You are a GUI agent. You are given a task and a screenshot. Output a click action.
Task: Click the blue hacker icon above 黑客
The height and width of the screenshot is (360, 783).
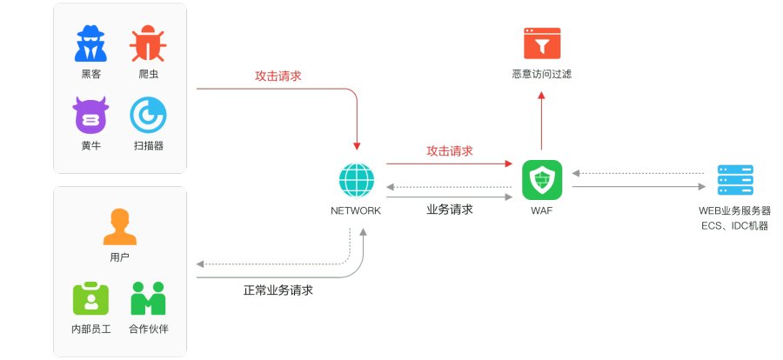90,43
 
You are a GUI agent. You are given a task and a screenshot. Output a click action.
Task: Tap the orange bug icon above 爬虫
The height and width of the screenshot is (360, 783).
148,43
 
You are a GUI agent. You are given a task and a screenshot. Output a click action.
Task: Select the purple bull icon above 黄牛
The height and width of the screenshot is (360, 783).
90,115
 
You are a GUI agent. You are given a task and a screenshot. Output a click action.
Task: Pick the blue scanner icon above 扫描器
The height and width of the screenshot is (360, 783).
148,115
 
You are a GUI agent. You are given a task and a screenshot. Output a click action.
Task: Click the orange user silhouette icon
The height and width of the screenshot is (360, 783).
119,227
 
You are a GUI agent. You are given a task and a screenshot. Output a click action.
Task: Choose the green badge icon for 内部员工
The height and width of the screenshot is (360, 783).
90,298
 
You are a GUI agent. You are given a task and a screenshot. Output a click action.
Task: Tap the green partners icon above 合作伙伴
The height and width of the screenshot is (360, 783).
148,298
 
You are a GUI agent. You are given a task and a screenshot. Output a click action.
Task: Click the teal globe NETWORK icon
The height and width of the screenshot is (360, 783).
356,180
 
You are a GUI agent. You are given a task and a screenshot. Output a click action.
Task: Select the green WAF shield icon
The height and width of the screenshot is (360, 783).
542,180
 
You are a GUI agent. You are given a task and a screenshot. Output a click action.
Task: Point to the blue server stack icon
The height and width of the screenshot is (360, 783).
735,180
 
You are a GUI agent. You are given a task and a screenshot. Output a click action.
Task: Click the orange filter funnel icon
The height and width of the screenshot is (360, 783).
542,43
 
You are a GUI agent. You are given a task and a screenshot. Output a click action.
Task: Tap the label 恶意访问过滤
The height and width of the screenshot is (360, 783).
542,75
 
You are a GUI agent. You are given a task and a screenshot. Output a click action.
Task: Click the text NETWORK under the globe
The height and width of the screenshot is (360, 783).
356,210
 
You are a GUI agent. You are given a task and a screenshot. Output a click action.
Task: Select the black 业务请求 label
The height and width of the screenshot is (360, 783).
450,210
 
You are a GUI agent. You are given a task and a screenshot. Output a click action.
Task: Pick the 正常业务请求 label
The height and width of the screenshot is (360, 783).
278,290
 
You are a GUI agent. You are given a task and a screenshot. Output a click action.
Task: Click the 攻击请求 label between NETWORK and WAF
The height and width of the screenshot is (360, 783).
450,150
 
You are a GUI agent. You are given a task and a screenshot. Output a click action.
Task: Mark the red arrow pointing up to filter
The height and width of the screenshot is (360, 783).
542,120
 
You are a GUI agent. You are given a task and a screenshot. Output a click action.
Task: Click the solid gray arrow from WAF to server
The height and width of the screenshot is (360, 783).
639,187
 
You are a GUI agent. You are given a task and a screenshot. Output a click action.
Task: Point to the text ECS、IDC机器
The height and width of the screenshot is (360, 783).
735,226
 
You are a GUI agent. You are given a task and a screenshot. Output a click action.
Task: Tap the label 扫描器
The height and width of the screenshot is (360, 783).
148,146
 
